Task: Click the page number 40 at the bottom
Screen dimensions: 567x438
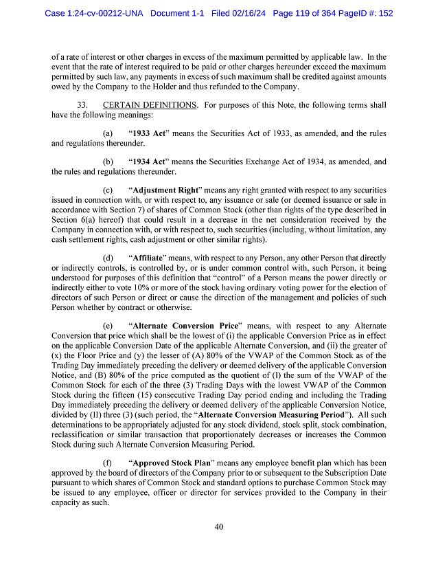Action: [219, 527]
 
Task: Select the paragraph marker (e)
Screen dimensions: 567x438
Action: [108, 324]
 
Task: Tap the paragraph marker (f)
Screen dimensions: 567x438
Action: [108, 463]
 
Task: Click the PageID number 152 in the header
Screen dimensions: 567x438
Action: [384, 13]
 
